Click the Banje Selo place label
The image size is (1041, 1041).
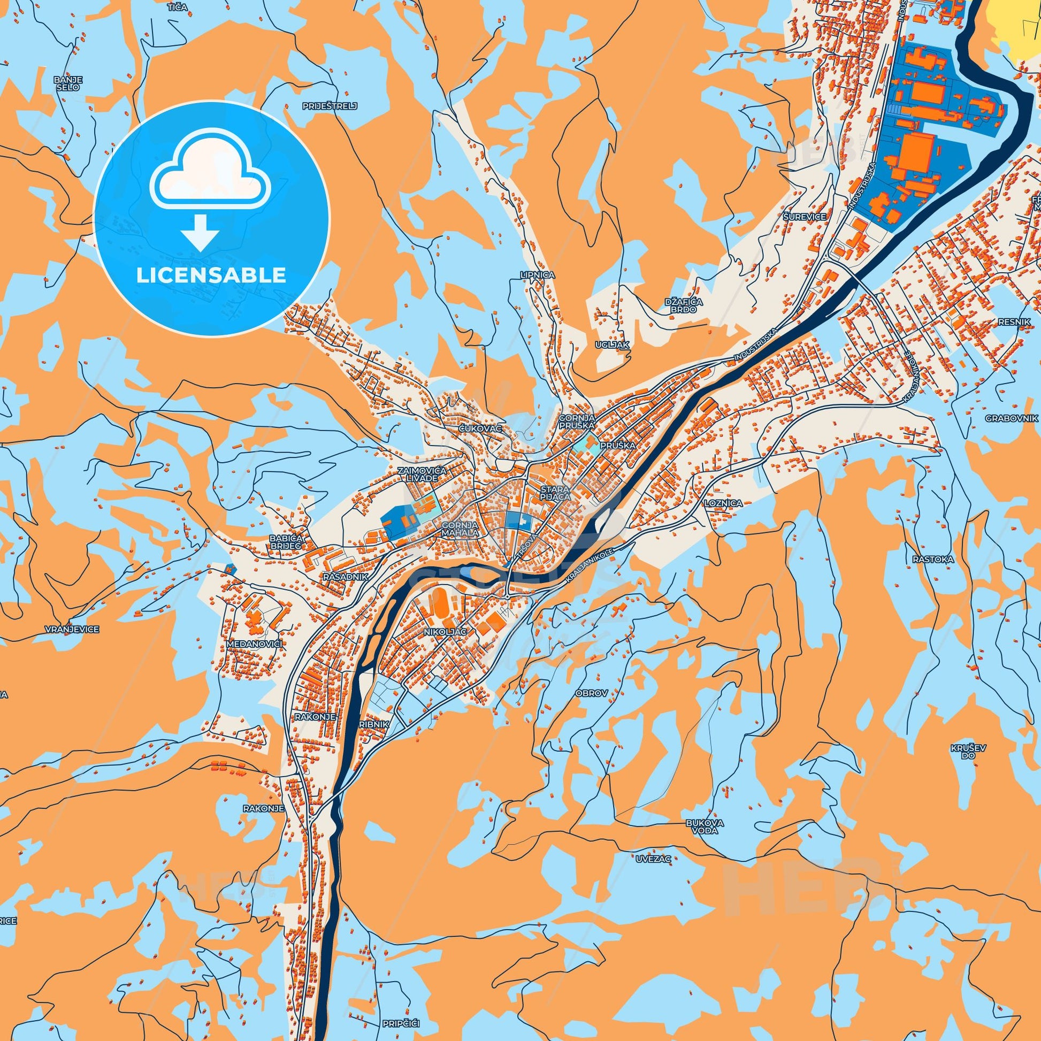tap(67, 83)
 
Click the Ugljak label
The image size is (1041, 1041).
tap(613, 343)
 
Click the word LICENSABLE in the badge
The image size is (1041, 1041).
tap(211, 275)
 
